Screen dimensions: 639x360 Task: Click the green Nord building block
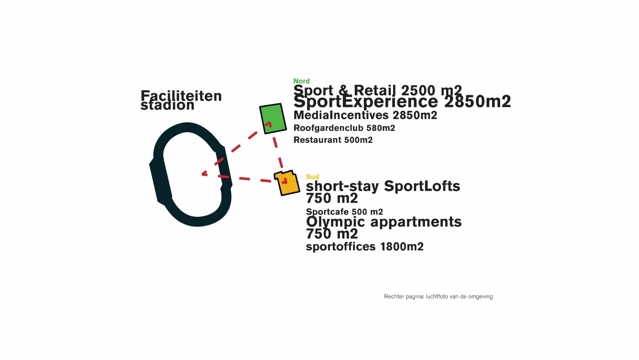(x=273, y=118)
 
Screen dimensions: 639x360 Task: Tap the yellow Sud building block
(x=287, y=183)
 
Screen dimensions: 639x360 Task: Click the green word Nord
(x=302, y=81)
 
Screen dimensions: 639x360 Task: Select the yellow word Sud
(x=313, y=177)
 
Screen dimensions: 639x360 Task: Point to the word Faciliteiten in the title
(x=181, y=96)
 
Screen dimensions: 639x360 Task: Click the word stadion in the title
(x=167, y=105)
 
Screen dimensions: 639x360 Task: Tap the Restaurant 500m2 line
(x=333, y=140)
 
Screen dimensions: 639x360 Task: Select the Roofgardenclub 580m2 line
(x=344, y=128)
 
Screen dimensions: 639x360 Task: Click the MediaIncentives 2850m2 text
(x=365, y=115)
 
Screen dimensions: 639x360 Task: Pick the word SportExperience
(x=366, y=102)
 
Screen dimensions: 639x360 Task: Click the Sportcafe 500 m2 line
(x=344, y=212)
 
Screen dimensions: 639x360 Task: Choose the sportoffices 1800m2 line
(x=365, y=247)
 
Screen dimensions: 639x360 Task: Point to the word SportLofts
(x=422, y=186)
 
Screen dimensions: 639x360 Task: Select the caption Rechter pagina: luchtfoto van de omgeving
(x=438, y=296)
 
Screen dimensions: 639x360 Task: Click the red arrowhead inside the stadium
(x=204, y=173)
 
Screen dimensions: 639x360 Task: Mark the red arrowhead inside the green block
(x=269, y=124)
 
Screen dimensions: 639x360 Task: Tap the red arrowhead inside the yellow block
(x=285, y=181)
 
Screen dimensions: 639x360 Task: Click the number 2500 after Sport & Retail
(x=416, y=90)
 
